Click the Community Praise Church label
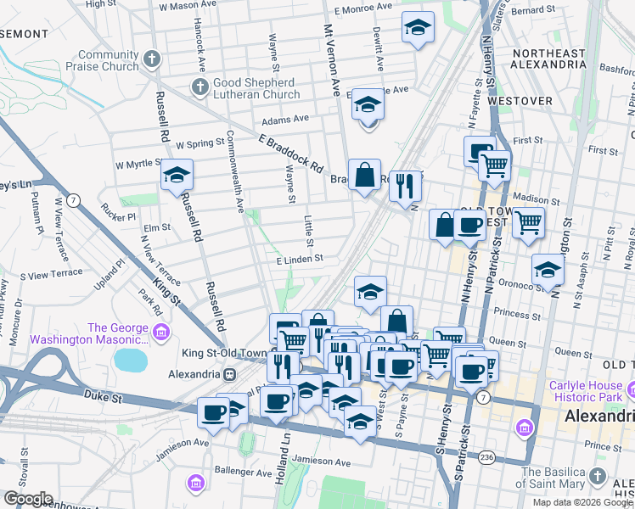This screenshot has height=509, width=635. [108, 60]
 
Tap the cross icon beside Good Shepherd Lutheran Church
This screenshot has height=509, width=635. [199, 86]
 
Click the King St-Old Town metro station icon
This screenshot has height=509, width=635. [228, 373]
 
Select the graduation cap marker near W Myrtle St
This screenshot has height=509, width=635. [177, 176]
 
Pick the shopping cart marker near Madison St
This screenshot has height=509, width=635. [529, 222]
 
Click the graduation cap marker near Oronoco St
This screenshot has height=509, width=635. [548, 270]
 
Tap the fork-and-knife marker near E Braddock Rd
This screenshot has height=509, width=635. [406, 185]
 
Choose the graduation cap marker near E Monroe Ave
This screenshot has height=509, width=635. [418, 27]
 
